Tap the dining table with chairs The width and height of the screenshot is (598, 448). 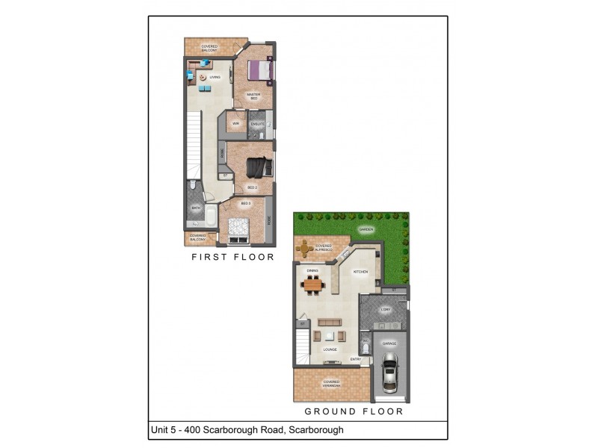[x=313, y=284]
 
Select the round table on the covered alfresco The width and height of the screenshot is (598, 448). [x=305, y=247]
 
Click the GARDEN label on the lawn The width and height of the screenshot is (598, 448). [x=366, y=229]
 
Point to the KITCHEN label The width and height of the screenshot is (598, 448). [x=360, y=272]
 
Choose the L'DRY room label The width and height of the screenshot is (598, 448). [x=386, y=308]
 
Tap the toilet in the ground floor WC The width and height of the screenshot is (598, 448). [x=366, y=349]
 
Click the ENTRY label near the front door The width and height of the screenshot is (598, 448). [x=357, y=360]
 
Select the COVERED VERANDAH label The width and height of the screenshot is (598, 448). [x=331, y=383]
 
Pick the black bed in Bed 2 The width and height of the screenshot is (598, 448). [x=259, y=166]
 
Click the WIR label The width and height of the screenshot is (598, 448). [x=235, y=123]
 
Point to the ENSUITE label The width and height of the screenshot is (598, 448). [x=256, y=123]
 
